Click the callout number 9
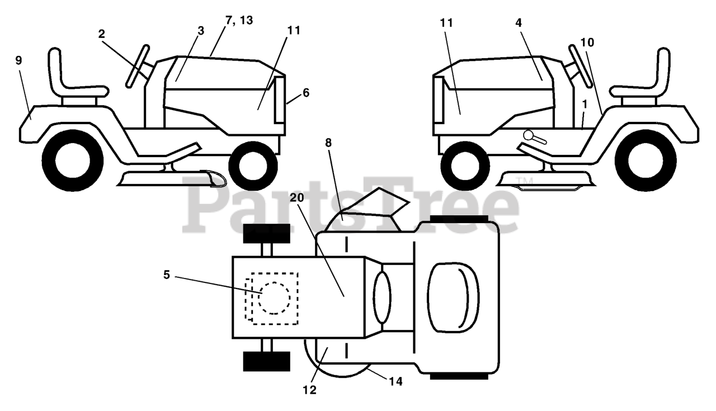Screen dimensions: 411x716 pos(19,60)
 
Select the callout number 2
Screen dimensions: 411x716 pos(101,34)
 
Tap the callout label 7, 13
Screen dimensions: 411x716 pos(239,21)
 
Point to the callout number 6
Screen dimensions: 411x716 pos(305,93)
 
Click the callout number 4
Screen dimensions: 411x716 pos(518,24)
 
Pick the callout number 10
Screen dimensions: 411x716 pos(587,42)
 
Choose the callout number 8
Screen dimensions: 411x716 pos(328,143)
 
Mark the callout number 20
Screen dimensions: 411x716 pos(297,197)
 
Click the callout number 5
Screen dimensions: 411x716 pos(167,275)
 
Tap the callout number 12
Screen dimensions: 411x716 pos(309,390)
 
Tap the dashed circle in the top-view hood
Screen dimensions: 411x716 pos(275,297)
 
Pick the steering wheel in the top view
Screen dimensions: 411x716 pos(383,297)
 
